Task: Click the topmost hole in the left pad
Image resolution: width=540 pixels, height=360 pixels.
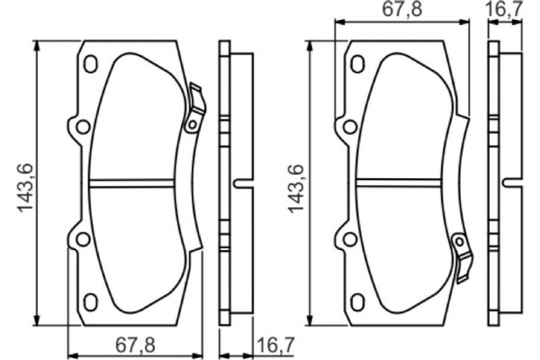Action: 90,65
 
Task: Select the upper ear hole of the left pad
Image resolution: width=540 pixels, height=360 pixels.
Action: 79,127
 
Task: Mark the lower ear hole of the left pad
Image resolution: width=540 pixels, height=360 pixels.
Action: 79,238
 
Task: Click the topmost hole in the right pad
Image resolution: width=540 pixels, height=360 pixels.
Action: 357,65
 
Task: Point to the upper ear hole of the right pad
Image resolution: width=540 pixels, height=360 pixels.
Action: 346,127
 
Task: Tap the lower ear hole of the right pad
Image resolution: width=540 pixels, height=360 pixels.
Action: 346,238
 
